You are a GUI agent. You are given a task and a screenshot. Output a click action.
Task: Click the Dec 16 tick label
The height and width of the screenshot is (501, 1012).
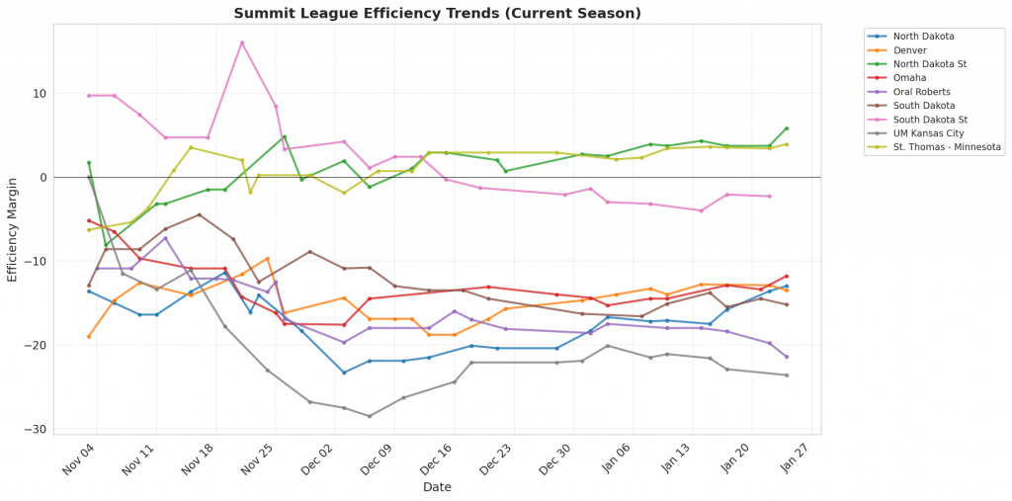tap(436, 460)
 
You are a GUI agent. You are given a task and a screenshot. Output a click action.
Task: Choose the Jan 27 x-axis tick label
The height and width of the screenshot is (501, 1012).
tap(794, 460)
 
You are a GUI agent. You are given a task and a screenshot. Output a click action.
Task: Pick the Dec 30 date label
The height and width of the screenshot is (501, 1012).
tap(555, 460)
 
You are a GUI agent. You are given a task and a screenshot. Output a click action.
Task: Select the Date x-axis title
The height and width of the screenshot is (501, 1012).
tap(437, 487)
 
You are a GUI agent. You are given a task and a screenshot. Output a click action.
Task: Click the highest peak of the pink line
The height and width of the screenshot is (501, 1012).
tap(242, 42)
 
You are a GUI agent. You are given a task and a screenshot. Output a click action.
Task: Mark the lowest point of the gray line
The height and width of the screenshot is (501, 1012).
tap(370, 416)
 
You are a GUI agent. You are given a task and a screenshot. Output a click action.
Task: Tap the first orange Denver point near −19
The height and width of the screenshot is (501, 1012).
tap(89, 336)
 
